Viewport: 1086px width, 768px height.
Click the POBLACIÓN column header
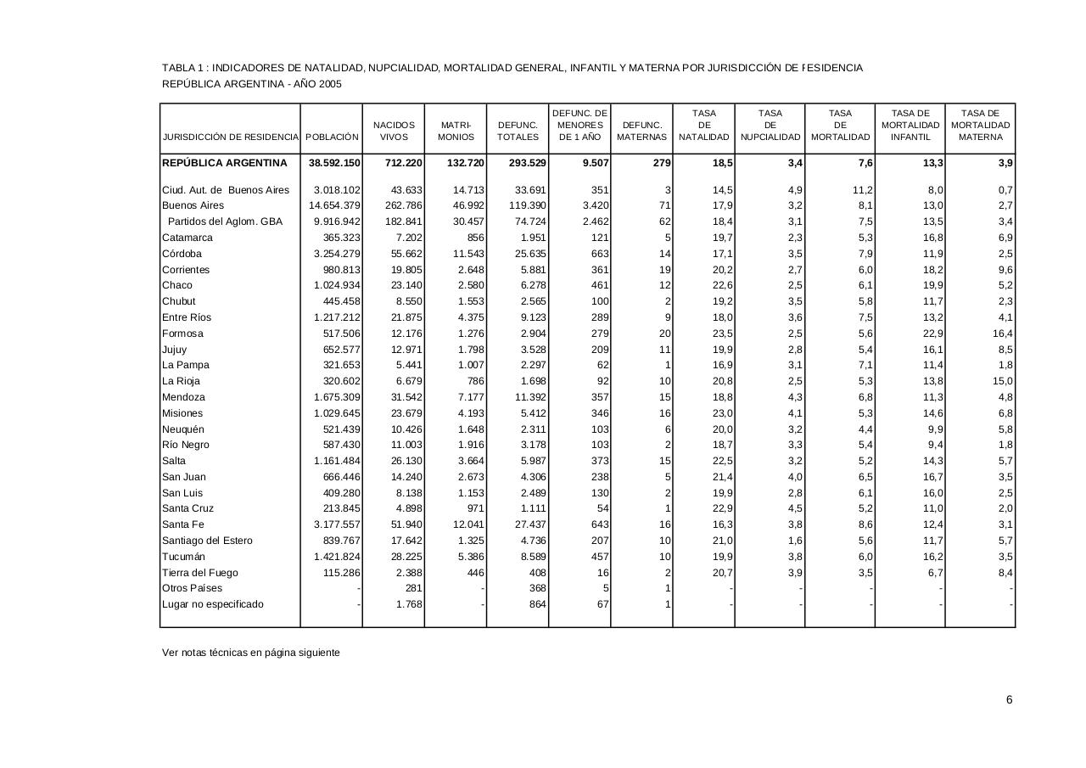point(332,137)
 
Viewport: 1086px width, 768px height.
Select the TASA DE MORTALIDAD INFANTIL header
point(910,125)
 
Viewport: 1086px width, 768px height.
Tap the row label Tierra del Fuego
point(200,573)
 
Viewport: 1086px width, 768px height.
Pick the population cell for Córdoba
point(337,254)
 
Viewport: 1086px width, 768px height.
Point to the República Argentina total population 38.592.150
point(334,163)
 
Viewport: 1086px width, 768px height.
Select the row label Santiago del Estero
point(207,541)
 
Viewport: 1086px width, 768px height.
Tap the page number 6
point(1009,700)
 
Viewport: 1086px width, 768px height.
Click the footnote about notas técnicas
point(251,653)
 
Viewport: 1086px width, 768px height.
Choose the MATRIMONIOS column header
point(456,131)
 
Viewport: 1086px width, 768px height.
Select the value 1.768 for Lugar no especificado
point(409,604)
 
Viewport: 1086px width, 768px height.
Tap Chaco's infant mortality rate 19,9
point(932,285)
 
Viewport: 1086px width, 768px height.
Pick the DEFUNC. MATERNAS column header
point(641,131)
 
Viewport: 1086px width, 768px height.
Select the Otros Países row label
point(193,588)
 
